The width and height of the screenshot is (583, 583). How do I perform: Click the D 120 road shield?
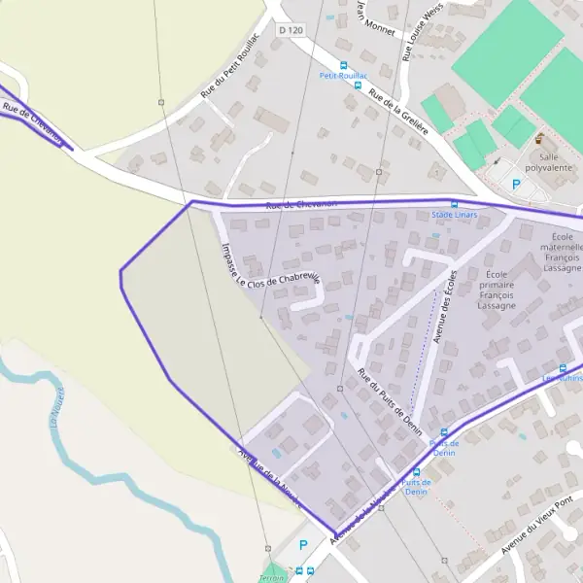click(291, 31)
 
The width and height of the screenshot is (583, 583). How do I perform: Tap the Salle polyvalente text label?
click(549, 161)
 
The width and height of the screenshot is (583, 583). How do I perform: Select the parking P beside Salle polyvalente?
click(516, 183)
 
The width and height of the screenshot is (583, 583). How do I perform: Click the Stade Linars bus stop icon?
click(454, 204)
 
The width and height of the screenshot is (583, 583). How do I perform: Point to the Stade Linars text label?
click(454, 215)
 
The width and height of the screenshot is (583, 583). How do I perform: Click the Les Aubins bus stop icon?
click(563, 367)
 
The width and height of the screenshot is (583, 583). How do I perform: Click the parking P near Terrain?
click(303, 546)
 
